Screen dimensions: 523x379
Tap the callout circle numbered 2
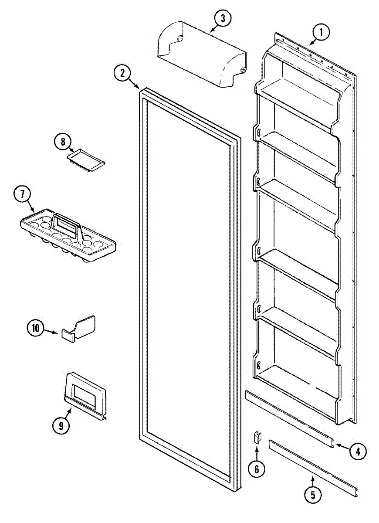click(123, 73)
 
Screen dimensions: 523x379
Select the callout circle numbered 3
click(223, 19)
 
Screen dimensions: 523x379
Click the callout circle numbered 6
click(257, 469)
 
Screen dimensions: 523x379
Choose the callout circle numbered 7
click(21, 194)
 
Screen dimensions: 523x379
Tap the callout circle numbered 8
click(63, 142)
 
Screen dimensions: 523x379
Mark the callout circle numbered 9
click(61, 425)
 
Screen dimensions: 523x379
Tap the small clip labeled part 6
click(257, 436)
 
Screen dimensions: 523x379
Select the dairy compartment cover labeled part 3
click(200, 54)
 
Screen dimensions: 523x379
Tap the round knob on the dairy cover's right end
click(243, 70)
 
